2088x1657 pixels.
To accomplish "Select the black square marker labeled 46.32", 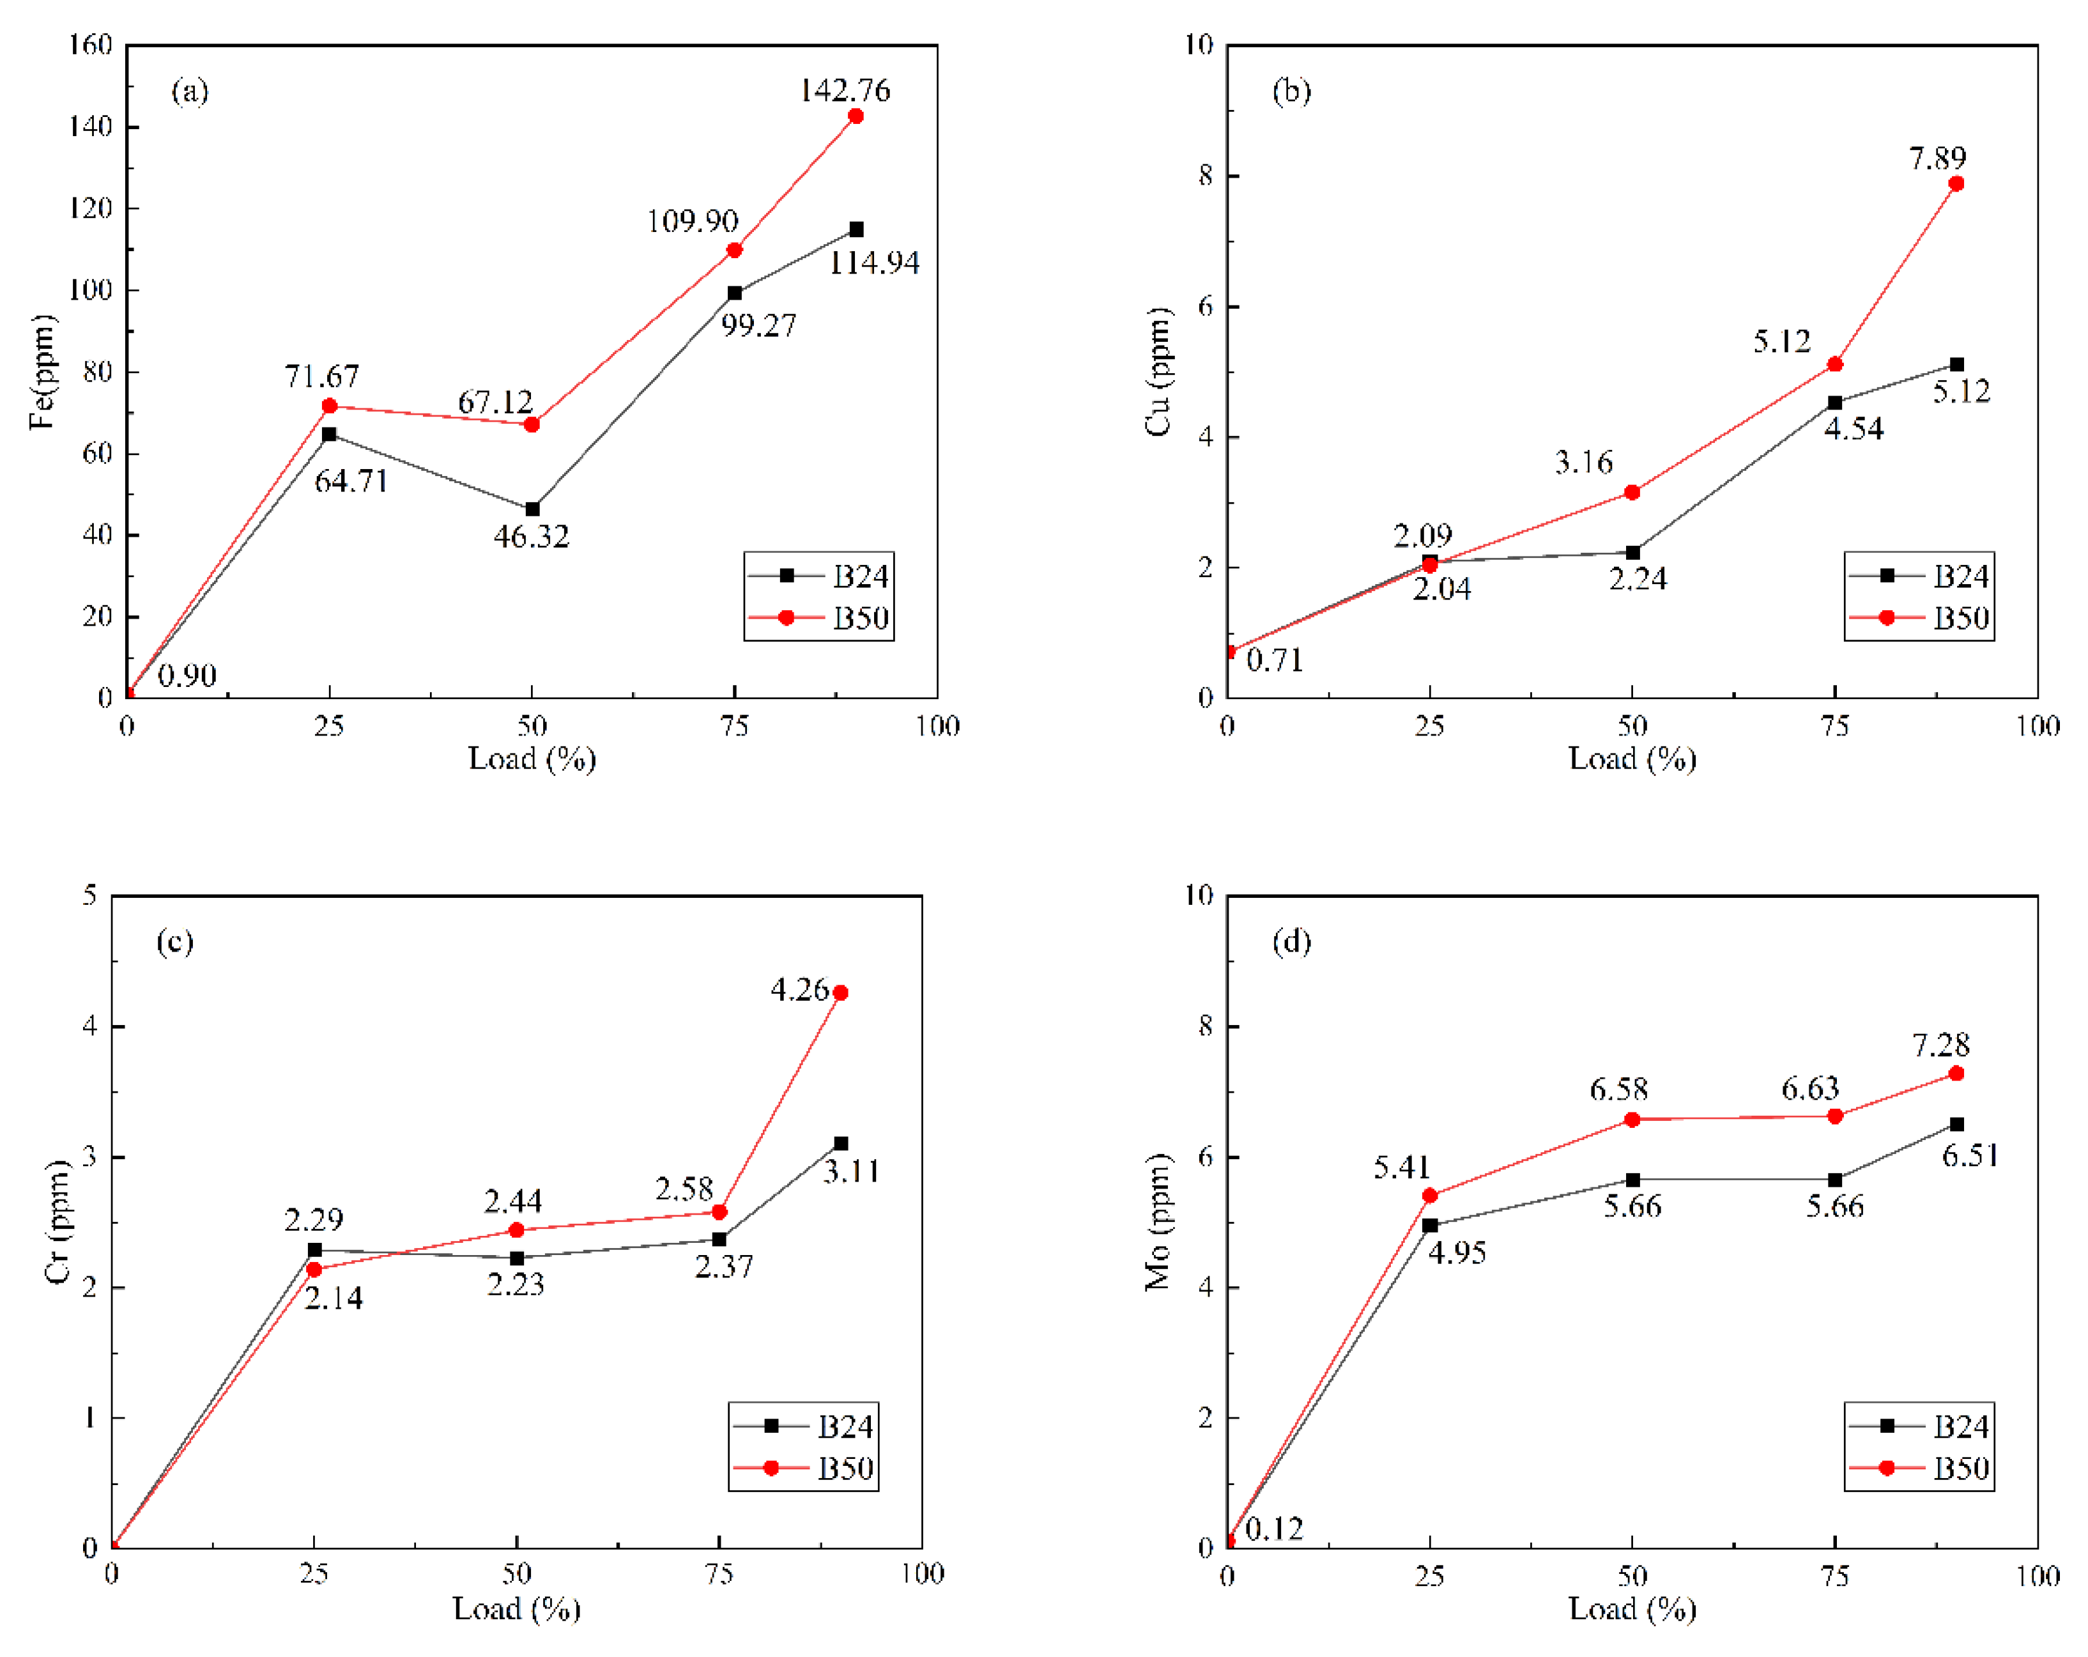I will coord(532,509).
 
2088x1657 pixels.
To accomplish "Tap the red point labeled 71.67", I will coord(329,406).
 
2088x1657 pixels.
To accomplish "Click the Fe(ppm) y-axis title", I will coord(43,372).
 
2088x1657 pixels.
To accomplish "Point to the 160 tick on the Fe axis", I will coord(90,45).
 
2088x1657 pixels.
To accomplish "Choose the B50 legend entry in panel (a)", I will coord(819,618).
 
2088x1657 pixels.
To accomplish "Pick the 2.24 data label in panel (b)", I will coord(1638,579).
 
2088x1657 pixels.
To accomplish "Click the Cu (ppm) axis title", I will coord(1158,372).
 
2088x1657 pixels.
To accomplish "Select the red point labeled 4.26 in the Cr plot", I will coord(840,992).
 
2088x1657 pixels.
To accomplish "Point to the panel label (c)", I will coord(175,941).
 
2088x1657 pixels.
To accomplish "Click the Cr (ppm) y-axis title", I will coord(58,1222).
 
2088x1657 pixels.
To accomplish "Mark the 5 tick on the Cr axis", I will coord(90,895).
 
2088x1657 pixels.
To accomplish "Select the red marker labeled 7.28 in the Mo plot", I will coord(1955,1073).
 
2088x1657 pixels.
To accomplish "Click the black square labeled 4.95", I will coord(1429,1225).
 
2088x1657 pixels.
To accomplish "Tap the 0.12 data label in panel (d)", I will coord(1273,1529).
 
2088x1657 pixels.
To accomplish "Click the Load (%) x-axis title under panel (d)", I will coord(1632,1608).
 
